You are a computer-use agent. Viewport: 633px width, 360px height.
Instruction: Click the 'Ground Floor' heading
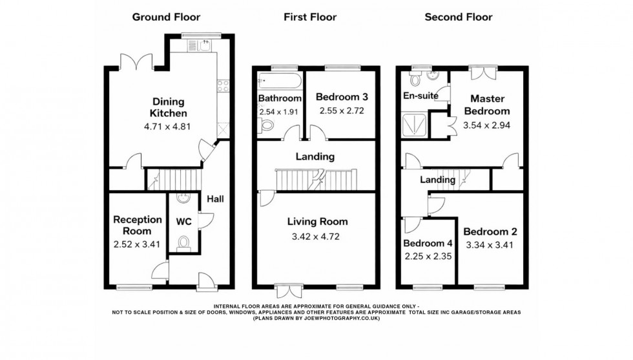(166, 17)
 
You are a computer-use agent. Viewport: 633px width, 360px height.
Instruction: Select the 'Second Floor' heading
(458, 17)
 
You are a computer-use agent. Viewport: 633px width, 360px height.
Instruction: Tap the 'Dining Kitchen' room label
(169, 107)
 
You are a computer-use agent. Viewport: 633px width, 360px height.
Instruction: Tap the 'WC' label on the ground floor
(184, 221)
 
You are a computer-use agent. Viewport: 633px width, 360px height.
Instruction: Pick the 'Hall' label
(215, 199)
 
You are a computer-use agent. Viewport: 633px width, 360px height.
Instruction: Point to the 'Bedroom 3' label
(342, 97)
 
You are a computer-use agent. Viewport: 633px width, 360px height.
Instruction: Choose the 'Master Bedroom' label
(487, 105)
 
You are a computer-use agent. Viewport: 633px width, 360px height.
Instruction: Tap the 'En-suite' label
(421, 96)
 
